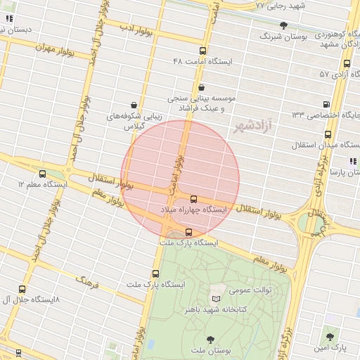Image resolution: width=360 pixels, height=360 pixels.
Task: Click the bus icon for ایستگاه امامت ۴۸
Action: coord(203,51)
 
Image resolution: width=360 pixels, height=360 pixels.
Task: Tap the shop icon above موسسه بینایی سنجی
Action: coord(202,87)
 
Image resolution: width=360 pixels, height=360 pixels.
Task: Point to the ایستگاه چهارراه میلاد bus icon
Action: coord(194,199)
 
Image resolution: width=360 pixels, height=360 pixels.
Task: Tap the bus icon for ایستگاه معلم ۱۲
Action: coord(43,174)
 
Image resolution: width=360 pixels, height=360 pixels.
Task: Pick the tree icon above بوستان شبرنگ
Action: coord(283,25)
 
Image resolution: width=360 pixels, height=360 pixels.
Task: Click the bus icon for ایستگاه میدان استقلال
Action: coord(328,134)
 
